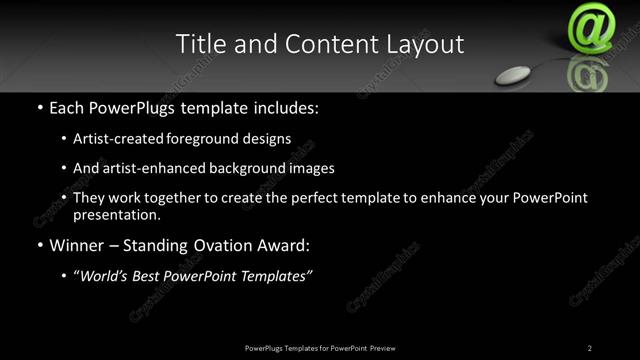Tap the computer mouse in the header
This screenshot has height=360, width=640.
click(x=517, y=73)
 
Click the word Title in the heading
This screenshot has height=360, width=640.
click(x=198, y=45)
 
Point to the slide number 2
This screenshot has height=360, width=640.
click(x=590, y=347)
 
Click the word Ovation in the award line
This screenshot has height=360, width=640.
click(x=218, y=244)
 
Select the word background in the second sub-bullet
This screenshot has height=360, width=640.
click(x=241, y=168)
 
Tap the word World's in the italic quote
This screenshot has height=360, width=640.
click(x=107, y=275)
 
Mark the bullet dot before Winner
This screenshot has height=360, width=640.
click(x=39, y=245)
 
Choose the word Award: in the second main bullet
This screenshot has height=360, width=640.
click(x=283, y=244)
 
